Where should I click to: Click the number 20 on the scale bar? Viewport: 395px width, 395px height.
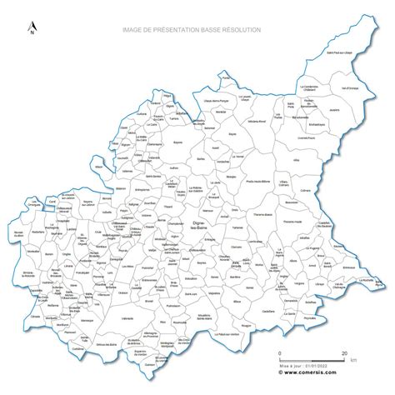(x=344, y=353)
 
